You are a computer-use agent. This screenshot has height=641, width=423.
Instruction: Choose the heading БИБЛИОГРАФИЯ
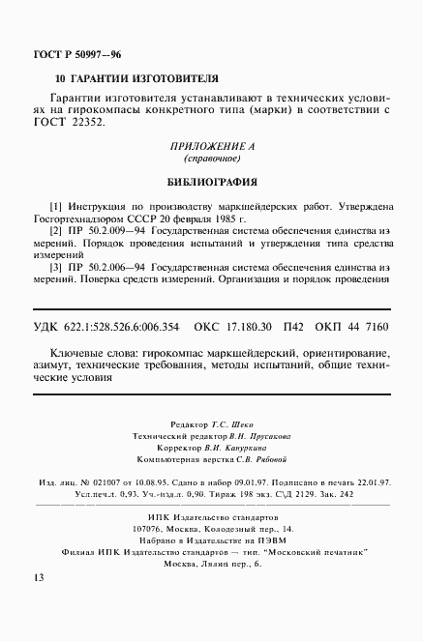[211, 180]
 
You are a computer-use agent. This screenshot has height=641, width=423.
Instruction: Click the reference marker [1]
[55, 206]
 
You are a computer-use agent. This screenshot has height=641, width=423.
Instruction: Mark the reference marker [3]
[55, 266]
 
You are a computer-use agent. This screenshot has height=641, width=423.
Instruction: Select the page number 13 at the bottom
[38, 578]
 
